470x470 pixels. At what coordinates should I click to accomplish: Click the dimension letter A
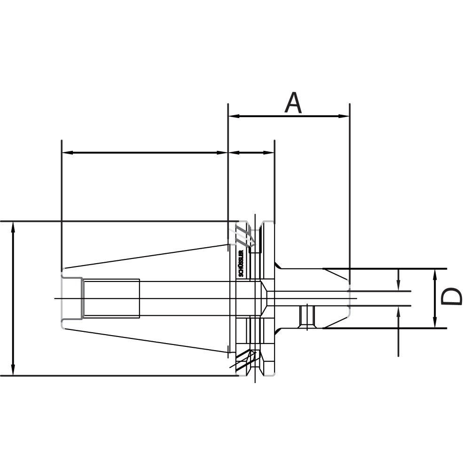coord(294,103)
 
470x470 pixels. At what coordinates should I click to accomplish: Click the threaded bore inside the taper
coord(111,298)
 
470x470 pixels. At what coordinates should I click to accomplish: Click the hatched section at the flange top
coord(242,234)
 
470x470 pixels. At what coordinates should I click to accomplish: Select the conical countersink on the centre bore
coord(265,298)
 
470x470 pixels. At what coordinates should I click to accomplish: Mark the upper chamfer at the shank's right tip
coord(336,274)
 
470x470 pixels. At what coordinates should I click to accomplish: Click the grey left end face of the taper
coord(62,298)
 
